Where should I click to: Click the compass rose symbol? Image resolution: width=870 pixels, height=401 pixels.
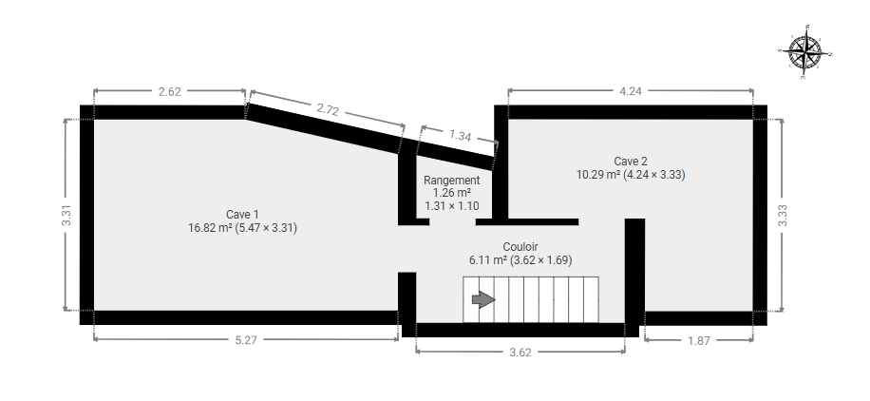[805, 52]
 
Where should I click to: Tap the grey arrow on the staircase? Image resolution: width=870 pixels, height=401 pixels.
[483, 300]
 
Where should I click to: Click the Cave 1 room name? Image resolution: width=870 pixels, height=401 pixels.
[242, 215]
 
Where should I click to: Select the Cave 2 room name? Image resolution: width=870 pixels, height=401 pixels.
[631, 162]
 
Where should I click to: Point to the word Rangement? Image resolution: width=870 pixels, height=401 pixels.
[452, 180]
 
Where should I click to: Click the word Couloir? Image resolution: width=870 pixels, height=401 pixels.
[520, 247]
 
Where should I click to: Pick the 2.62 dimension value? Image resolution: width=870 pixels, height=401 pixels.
[169, 91]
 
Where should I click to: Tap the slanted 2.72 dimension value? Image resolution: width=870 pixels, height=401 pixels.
[328, 109]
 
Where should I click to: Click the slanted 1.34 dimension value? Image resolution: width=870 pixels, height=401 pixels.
[460, 135]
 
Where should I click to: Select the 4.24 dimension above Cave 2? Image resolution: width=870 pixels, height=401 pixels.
[631, 91]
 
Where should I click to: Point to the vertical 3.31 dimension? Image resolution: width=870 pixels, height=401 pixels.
[66, 215]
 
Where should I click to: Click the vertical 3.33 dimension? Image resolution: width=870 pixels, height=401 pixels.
[783, 216]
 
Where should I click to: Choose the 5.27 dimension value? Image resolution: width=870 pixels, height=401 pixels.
[246, 340]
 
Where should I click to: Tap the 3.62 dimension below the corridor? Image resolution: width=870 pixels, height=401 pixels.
[520, 353]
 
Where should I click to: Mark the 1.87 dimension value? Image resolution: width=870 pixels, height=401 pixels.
[698, 340]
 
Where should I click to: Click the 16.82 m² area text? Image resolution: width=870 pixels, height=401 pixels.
[210, 228]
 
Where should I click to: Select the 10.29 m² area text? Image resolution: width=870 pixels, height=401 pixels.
[598, 175]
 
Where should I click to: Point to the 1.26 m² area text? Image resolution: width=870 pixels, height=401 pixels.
[452, 193]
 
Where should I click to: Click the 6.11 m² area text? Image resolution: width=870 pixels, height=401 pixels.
[488, 260]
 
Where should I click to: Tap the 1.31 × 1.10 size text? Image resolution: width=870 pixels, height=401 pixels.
[452, 205]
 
